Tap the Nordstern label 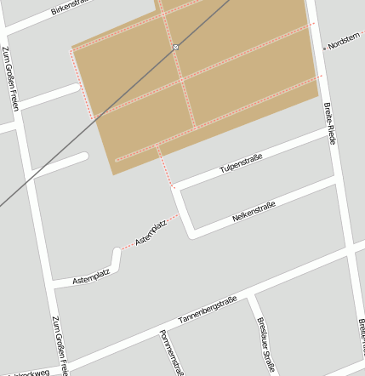345,42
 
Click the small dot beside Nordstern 324,48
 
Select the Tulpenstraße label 241,162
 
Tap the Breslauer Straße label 266,345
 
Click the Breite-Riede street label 331,123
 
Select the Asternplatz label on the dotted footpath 151,231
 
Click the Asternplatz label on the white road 91,276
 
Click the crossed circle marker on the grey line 175,47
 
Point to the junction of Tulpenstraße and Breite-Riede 330,134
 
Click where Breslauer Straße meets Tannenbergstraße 251,298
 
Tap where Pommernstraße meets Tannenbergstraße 159,327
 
